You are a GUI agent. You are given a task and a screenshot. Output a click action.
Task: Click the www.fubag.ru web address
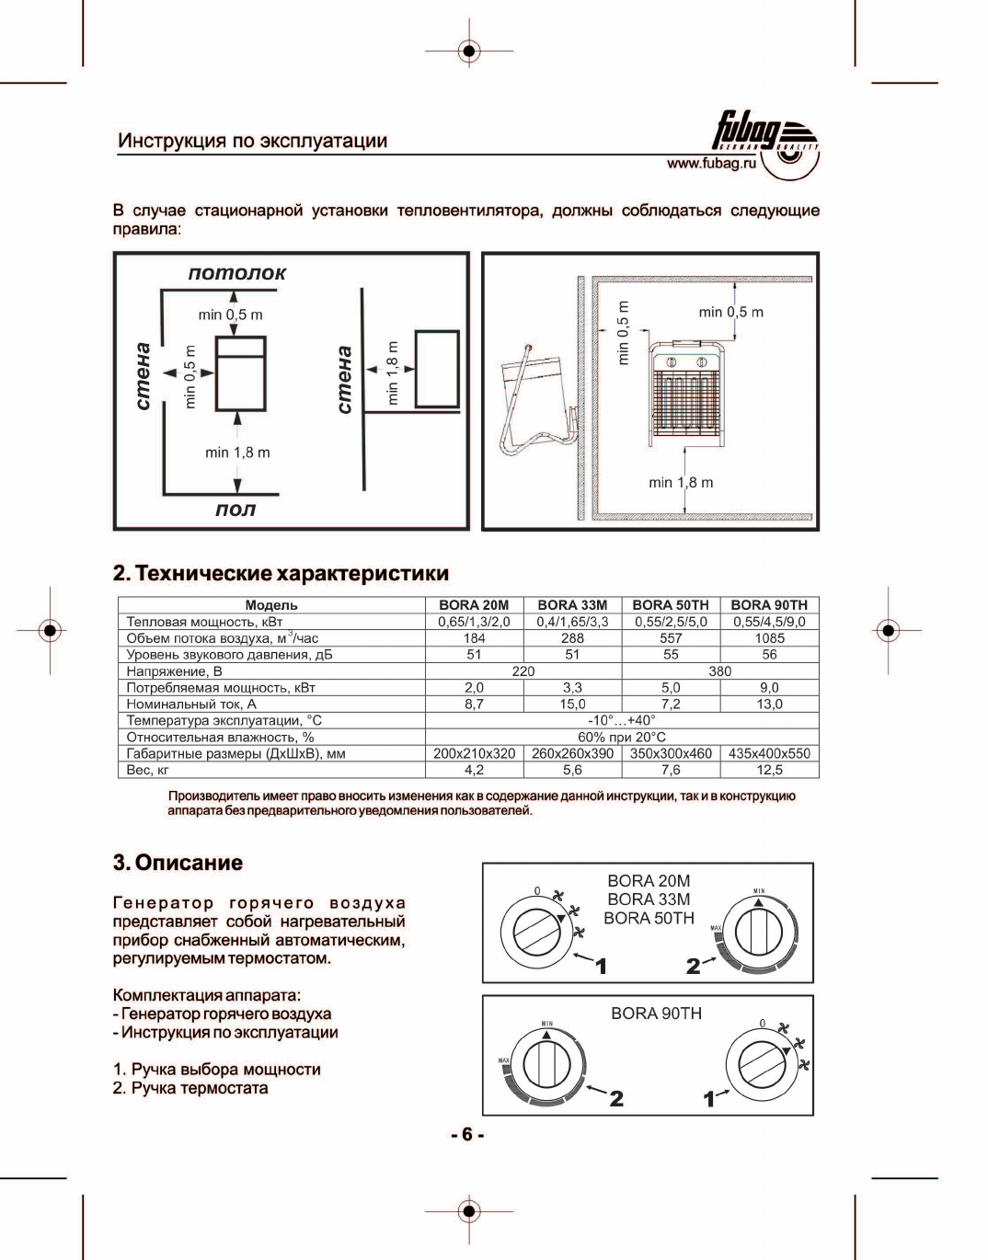[x=711, y=164]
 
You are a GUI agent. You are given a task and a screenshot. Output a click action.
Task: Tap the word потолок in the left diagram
[x=236, y=273]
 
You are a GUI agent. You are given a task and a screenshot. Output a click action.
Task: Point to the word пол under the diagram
[x=236, y=510]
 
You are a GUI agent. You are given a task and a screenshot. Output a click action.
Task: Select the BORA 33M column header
[x=572, y=605]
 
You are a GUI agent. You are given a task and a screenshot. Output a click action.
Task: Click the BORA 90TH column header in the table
[x=769, y=605]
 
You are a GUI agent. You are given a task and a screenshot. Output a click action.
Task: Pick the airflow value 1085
[x=769, y=638]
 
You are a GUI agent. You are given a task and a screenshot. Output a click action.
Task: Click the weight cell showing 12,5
[x=769, y=770]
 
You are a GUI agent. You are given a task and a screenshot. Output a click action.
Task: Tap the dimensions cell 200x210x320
[x=474, y=753]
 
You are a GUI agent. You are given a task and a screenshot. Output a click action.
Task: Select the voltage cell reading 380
[x=719, y=671]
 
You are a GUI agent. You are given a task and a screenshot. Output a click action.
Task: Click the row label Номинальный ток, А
[x=191, y=704]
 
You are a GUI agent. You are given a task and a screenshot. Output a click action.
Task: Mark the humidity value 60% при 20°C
[x=621, y=737]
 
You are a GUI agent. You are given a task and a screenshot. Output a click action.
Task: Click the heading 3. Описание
[x=178, y=863]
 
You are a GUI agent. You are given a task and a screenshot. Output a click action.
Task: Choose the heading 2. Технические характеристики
[x=281, y=573]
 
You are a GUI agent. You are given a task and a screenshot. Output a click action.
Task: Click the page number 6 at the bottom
[x=467, y=1134]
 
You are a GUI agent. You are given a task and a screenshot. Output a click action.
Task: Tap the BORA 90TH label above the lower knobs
[x=656, y=1014]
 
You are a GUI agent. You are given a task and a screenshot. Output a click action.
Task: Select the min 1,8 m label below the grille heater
[x=681, y=483]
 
